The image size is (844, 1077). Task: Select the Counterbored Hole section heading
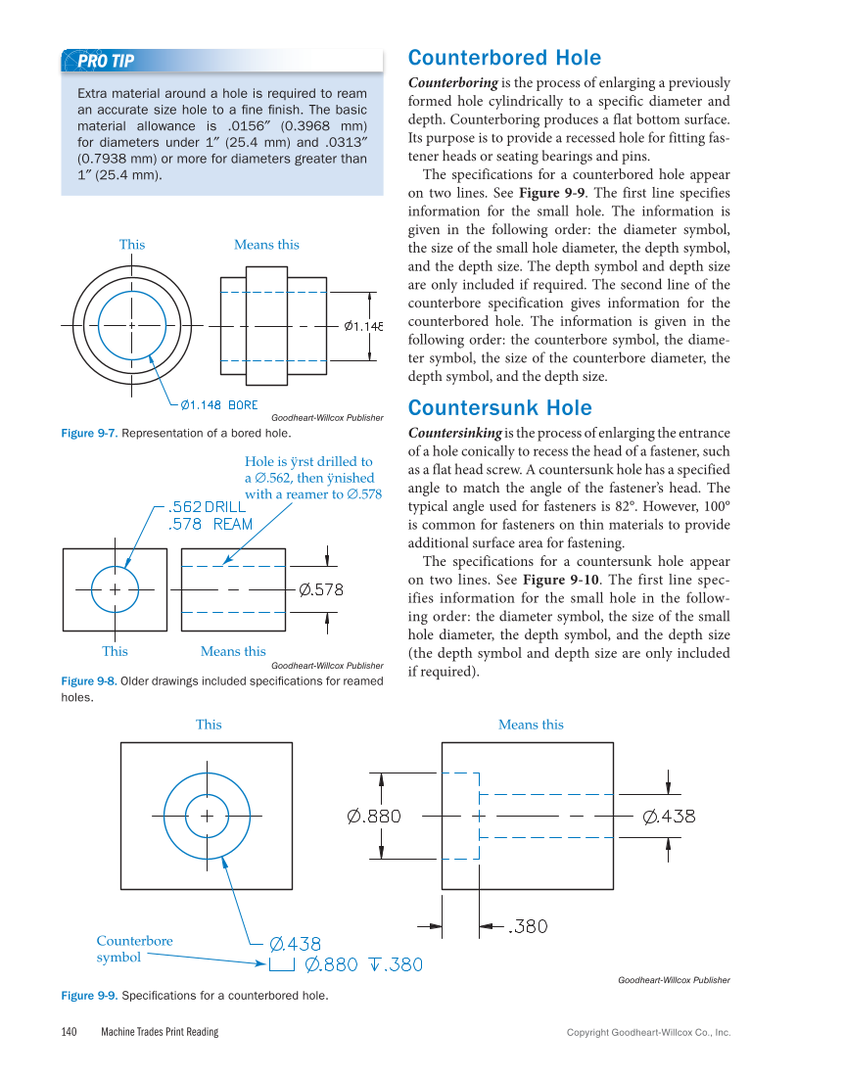point(504,57)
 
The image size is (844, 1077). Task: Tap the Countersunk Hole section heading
point(499,407)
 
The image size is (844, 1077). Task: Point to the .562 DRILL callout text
point(208,507)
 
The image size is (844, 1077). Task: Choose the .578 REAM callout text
point(211,524)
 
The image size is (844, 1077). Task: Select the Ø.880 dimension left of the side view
point(374,817)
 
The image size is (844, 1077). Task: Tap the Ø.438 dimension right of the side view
point(670,817)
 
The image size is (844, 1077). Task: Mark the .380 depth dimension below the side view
point(528,925)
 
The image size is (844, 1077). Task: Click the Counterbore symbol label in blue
point(134,949)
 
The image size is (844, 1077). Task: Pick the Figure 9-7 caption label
point(88,433)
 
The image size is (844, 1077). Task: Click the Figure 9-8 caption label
point(88,681)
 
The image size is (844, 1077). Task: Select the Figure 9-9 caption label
point(88,996)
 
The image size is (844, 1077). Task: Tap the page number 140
point(69,1032)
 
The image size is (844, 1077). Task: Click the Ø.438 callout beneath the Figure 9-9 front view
point(295,944)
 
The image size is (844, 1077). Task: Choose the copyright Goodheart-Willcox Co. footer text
point(648,1033)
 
